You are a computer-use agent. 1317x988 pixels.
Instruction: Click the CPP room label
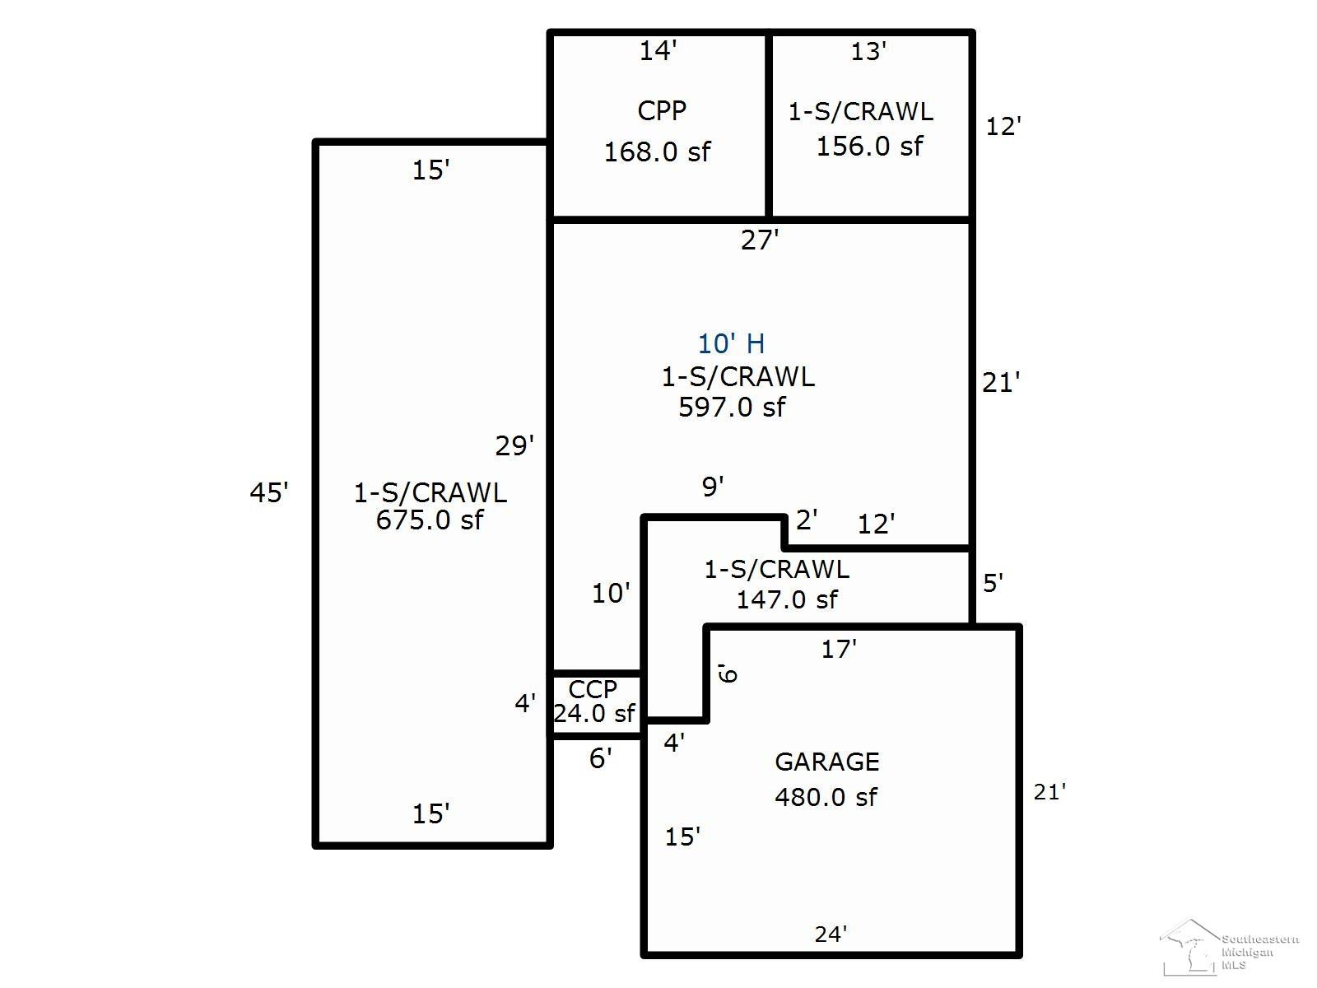coord(661,111)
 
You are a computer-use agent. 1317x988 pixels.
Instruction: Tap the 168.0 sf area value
coord(657,151)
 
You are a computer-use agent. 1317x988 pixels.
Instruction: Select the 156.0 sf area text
coord(869,147)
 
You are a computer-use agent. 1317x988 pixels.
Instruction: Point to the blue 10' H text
coord(731,343)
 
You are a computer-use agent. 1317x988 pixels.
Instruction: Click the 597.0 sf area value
coord(732,408)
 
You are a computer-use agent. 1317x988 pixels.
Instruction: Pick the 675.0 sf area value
coord(429,520)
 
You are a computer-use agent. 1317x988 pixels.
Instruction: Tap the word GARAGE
coord(826,762)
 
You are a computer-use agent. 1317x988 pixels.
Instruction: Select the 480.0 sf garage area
coord(826,797)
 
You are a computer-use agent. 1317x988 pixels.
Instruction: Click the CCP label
coord(592,690)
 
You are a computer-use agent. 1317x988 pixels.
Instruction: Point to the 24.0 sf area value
coord(594,714)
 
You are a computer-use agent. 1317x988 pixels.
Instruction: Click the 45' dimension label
coord(269,493)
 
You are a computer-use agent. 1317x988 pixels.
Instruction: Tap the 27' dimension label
coord(760,240)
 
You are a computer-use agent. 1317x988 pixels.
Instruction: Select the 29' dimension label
coord(514,446)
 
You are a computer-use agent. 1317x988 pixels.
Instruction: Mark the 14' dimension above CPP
coord(658,51)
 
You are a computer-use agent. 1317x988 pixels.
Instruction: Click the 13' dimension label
coord(868,52)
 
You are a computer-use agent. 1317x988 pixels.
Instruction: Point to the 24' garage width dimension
coord(831,934)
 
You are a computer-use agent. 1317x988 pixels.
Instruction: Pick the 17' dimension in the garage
coord(839,650)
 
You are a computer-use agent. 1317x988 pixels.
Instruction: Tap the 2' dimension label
coord(807,520)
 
